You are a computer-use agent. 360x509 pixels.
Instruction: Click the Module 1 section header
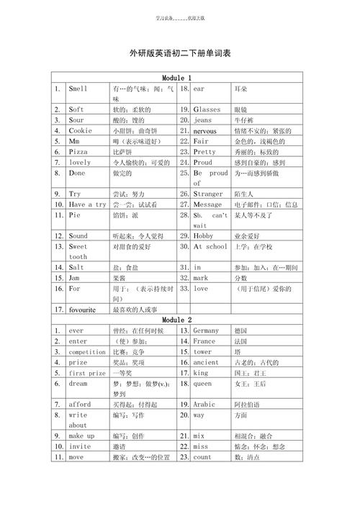pos(176,77)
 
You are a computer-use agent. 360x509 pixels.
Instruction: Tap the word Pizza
pos(78,152)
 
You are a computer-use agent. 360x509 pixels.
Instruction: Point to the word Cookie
pos(80,131)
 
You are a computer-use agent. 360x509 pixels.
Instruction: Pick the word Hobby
pos(204,235)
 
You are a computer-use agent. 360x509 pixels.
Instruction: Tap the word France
pos(204,341)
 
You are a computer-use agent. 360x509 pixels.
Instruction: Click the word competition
pos(87,352)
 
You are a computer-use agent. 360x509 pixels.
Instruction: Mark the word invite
pos(79,446)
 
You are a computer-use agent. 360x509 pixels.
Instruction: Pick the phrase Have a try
pos(87,204)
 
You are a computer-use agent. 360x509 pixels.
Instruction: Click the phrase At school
pos(210,246)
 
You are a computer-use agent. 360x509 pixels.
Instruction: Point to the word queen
pos(202,384)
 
